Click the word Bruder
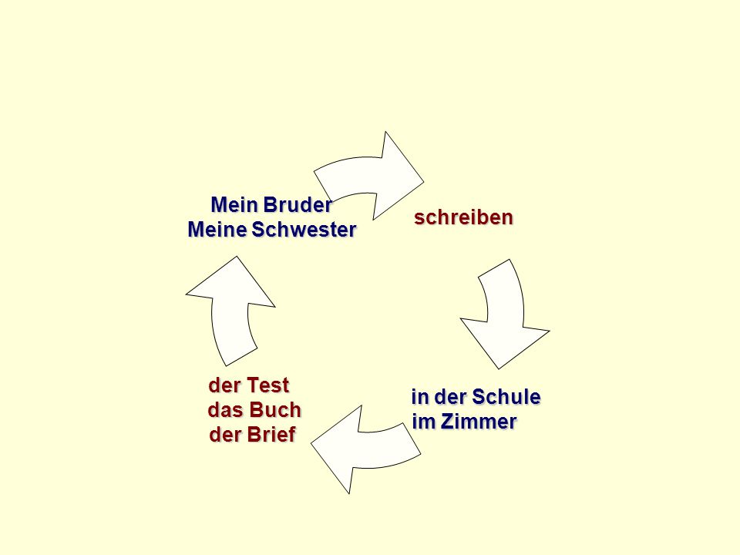pyautogui.click(x=298, y=205)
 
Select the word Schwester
pyautogui.click(x=304, y=230)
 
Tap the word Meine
pyautogui.click(x=217, y=230)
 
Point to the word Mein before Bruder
pyautogui.click(x=234, y=205)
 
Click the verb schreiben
pyautogui.click(x=463, y=217)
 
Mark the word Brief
pyautogui.click(x=274, y=435)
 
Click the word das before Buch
pyautogui.click(x=226, y=409)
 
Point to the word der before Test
pyautogui.click(x=224, y=385)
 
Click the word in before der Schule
pyautogui.click(x=420, y=397)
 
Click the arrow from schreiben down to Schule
pyautogui.click(x=506, y=314)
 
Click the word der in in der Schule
pyautogui.click(x=451, y=397)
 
